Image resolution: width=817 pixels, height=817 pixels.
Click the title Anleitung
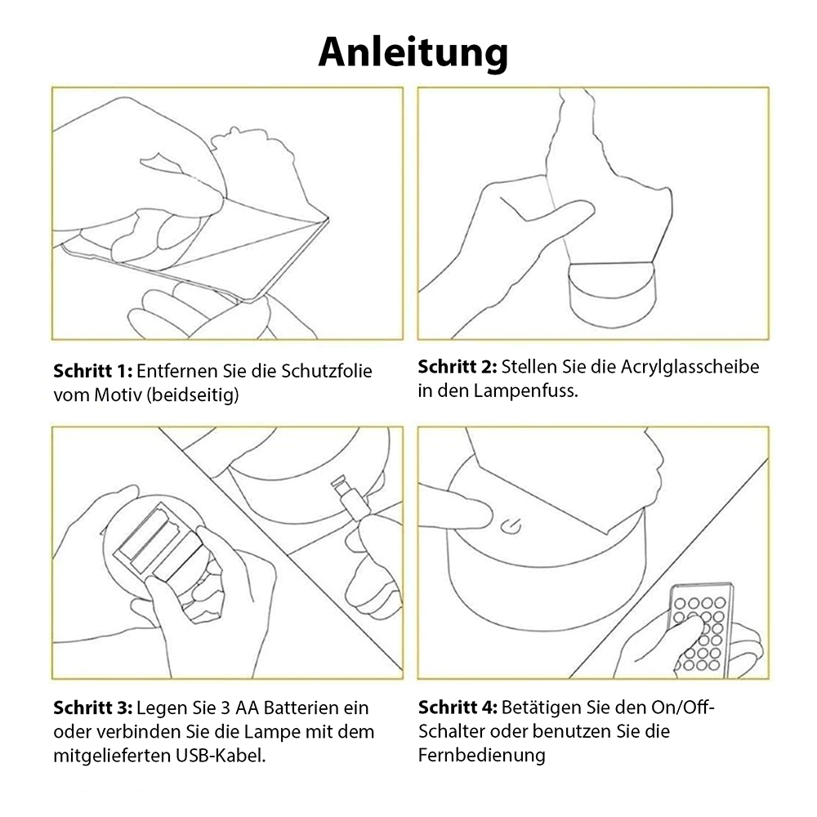pos(413,53)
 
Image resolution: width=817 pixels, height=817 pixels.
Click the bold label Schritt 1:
pos(93,371)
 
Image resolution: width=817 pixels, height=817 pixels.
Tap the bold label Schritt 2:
pos(458,367)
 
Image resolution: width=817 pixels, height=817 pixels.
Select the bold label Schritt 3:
pos(93,708)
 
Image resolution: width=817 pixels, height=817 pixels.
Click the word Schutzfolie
pos(327,371)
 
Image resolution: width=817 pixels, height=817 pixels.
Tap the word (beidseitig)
pos(193,395)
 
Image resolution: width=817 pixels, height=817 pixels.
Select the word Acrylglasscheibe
pos(690,367)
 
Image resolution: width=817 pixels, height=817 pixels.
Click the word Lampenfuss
pos(525,391)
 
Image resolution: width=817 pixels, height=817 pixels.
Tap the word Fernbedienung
pos(481,755)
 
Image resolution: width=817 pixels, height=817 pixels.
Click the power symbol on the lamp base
pos(511,526)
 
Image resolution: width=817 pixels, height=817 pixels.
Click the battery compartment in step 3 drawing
pos(158,543)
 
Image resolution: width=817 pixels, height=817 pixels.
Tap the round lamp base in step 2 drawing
pos(609,294)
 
